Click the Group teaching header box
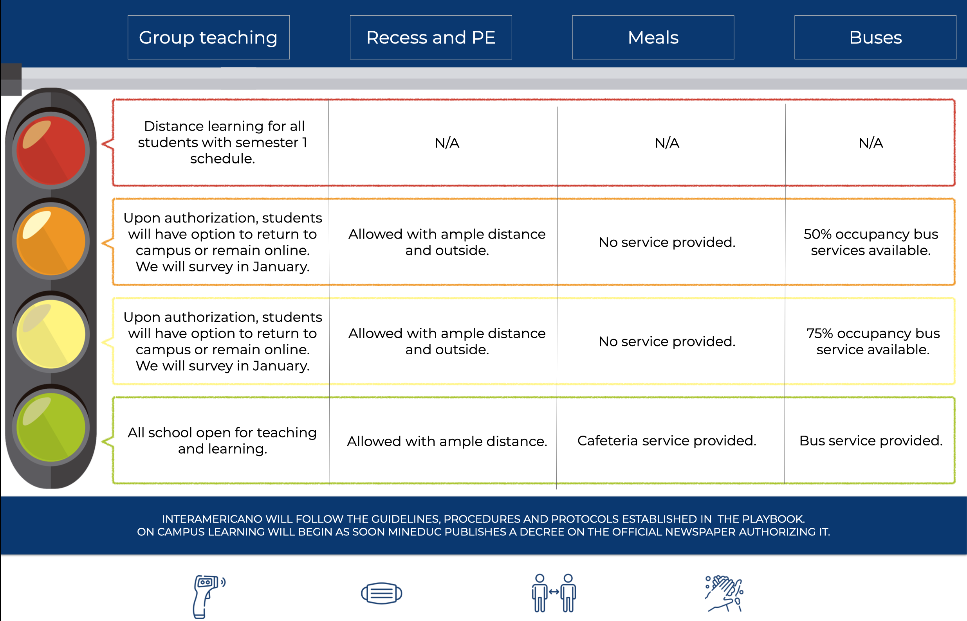(x=209, y=38)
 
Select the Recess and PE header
(x=431, y=38)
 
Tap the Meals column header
(x=653, y=38)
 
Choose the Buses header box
(x=875, y=38)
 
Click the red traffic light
(x=51, y=151)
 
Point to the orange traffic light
(x=51, y=241)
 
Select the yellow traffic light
(x=51, y=334)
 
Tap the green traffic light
(x=51, y=427)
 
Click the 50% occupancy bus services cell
(x=871, y=242)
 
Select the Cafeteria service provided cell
(x=667, y=441)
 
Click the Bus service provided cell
(x=871, y=441)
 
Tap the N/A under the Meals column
(x=667, y=143)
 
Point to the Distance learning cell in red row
(x=222, y=142)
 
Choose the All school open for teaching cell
(x=222, y=440)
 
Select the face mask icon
(x=381, y=593)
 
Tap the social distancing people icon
(x=554, y=592)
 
